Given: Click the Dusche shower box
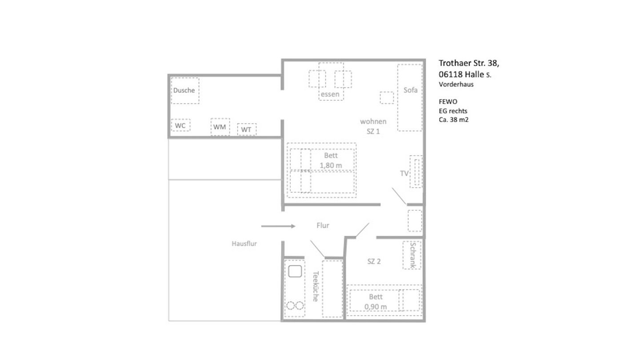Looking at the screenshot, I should (184, 91).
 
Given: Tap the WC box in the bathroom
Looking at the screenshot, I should (180, 126).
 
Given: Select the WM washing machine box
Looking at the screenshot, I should (220, 127).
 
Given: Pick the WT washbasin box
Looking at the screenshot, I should (247, 130).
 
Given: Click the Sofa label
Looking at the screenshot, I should (410, 90).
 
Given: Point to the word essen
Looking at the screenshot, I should (329, 94).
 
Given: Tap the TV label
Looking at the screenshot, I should (404, 173).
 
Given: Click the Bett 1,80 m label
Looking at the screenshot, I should (331, 160).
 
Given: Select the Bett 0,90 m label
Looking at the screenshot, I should (376, 302).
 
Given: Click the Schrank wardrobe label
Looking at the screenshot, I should (413, 255).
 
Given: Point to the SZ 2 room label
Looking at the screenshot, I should (374, 261).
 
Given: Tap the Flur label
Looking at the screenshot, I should (323, 226).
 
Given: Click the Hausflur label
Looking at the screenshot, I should (244, 244).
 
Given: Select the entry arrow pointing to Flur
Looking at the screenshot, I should (278, 226).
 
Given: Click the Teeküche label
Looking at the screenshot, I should (315, 287).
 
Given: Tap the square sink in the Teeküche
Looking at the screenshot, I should (295, 271).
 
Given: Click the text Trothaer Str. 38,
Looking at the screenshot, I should (465, 63).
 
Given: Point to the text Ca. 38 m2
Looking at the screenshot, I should (453, 120).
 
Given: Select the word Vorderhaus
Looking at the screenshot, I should (456, 84).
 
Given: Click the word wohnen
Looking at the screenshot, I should (373, 121).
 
